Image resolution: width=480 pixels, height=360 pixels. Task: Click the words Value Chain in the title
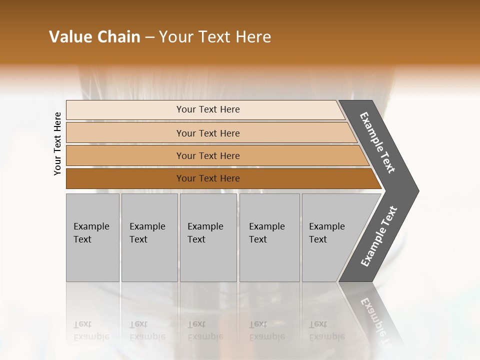click(94, 37)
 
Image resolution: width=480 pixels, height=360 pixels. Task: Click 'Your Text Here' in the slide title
click(215, 37)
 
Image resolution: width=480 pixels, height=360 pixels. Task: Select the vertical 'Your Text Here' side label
click(57, 143)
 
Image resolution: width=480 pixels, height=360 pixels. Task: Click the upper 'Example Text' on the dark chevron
click(378, 142)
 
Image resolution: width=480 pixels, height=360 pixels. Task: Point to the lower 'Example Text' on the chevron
click(379, 236)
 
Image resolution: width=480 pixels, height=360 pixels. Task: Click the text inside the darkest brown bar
click(208, 178)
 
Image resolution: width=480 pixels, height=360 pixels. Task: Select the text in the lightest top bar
click(208, 109)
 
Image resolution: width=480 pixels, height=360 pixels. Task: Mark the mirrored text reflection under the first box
click(91, 330)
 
